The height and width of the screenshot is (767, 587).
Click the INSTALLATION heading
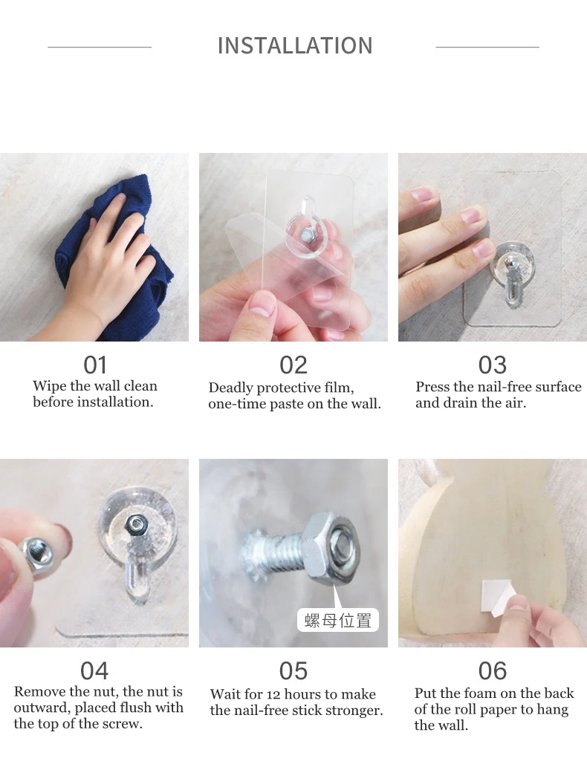(x=295, y=46)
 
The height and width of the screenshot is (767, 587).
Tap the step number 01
(x=95, y=365)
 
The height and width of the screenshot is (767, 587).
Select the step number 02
(x=293, y=365)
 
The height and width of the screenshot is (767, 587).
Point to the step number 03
(x=493, y=365)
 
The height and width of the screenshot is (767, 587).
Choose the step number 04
(x=94, y=670)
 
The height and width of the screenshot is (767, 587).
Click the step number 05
(x=293, y=670)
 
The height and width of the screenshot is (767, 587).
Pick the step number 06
(x=493, y=670)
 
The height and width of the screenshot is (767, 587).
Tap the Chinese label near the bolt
(x=338, y=621)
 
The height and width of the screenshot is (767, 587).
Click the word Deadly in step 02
(x=231, y=388)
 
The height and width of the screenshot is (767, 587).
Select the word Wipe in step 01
(x=50, y=386)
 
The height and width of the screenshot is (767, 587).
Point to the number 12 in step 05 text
(x=273, y=694)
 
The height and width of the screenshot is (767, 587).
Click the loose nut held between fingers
(x=35, y=553)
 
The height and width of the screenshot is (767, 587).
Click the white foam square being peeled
(x=496, y=595)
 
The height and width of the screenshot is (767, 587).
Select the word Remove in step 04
(x=40, y=692)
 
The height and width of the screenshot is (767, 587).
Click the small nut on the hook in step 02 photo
(x=308, y=235)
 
